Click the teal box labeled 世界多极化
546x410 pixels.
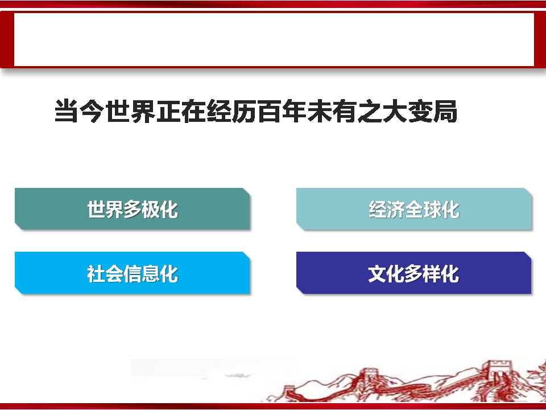coord(133,209)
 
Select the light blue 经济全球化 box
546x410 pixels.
coord(413,209)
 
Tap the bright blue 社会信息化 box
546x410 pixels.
coord(133,273)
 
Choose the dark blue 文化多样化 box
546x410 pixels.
coord(413,273)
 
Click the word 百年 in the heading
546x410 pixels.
coord(281,112)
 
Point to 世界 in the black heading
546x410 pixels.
coord(130,112)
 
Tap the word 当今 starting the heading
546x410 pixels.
coord(80,112)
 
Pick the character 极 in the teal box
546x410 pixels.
coord(150,210)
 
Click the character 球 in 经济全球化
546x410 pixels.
coord(432,210)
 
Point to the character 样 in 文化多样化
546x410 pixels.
coord(432,274)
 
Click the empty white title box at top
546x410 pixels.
coord(274,39)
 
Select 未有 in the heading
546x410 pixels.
coord(331,112)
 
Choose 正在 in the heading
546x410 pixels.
coord(180,112)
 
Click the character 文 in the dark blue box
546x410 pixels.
coord(378,274)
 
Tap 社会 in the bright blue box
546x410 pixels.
coord(105,274)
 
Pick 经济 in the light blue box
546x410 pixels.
coord(387,210)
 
